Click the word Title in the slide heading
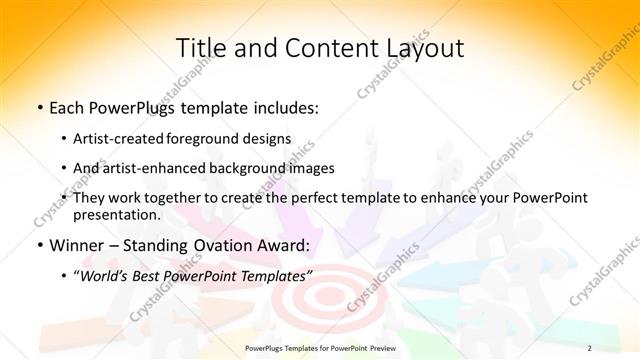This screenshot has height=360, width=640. [x=200, y=48]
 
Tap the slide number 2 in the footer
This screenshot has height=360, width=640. [x=589, y=347]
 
